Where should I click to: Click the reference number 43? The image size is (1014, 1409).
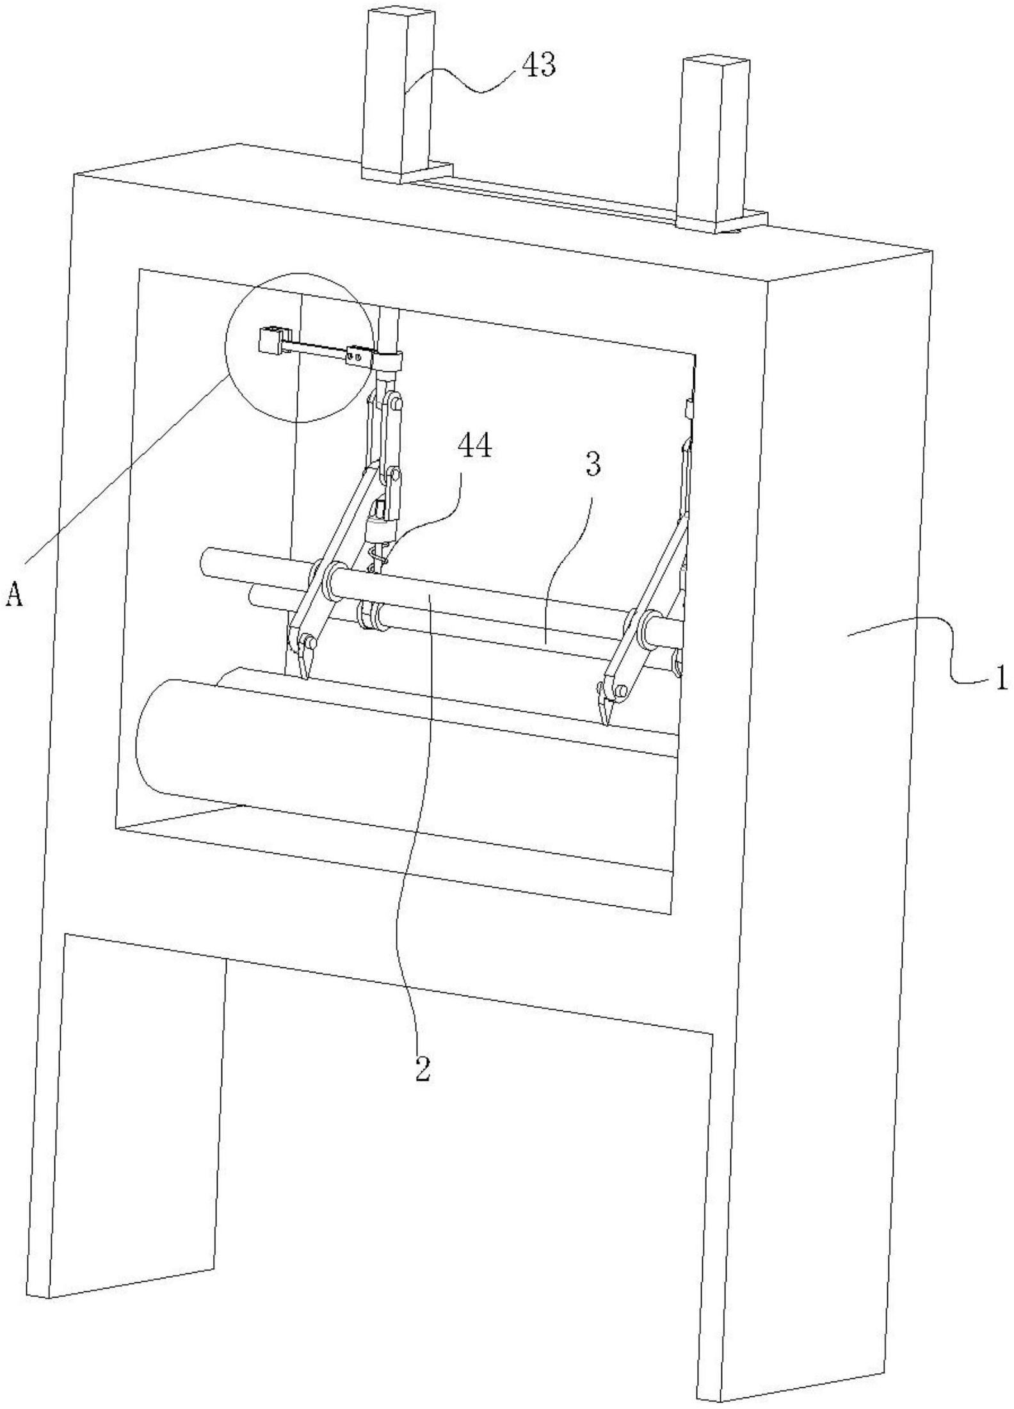point(539,65)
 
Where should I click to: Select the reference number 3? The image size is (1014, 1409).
point(593,466)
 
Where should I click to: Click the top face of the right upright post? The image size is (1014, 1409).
point(716,63)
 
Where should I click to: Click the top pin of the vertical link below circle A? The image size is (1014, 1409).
point(397,405)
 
